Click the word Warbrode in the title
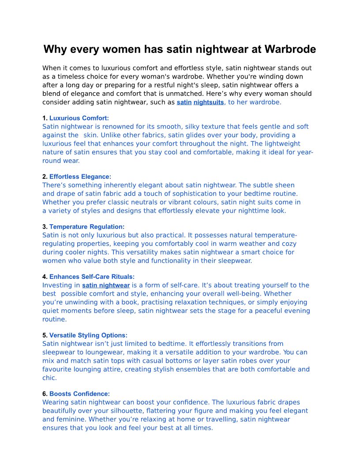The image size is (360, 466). coord(290,49)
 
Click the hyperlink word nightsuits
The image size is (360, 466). coord(209,102)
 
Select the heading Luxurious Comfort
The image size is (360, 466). coord(79,118)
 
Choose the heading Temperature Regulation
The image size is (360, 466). coord(87,227)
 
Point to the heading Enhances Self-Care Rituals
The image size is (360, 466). coord(92,277)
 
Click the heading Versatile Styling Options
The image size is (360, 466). coord(88,335)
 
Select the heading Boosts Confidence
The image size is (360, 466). coord(79,394)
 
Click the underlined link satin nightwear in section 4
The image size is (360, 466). coord(106,286)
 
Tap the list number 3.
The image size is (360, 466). coord(45,227)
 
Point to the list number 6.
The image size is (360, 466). coord(45,394)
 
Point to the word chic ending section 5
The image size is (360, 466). coord(49,378)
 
